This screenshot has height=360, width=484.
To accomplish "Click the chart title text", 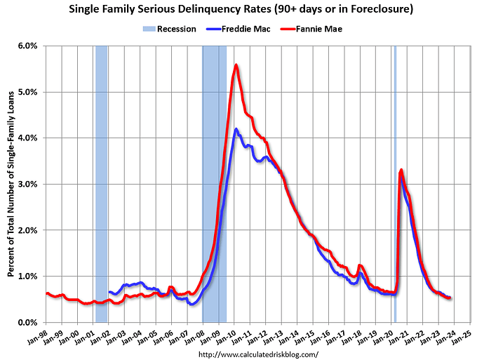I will pyautogui.click(x=241, y=10).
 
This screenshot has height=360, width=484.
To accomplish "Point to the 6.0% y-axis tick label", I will pyautogui.click(x=27, y=46).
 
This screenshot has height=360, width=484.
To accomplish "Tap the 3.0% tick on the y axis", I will pyautogui.click(x=27, y=184).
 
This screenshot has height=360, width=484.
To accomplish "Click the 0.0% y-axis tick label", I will pyautogui.click(x=27, y=322).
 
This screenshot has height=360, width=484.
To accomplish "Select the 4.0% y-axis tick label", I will pyautogui.click(x=27, y=138).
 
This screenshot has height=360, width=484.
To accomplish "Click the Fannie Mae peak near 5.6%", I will pyautogui.click(x=236, y=65).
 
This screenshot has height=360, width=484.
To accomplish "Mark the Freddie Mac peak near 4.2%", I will pyautogui.click(x=236, y=129).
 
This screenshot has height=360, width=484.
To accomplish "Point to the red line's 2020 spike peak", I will pyautogui.click(x=401, y=170).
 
